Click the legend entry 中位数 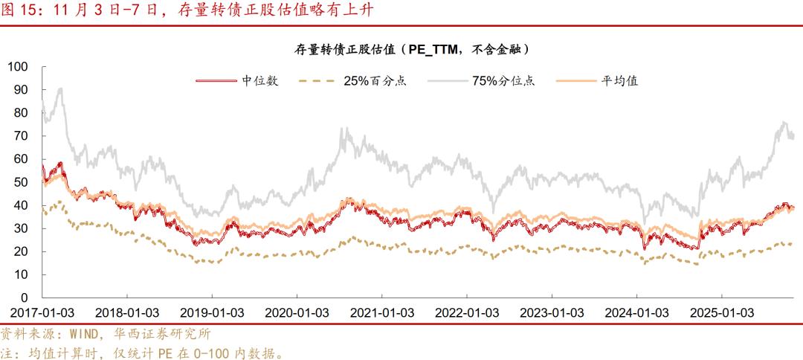(259, 81)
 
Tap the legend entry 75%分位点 (503, 81)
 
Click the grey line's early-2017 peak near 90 (59, 89)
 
